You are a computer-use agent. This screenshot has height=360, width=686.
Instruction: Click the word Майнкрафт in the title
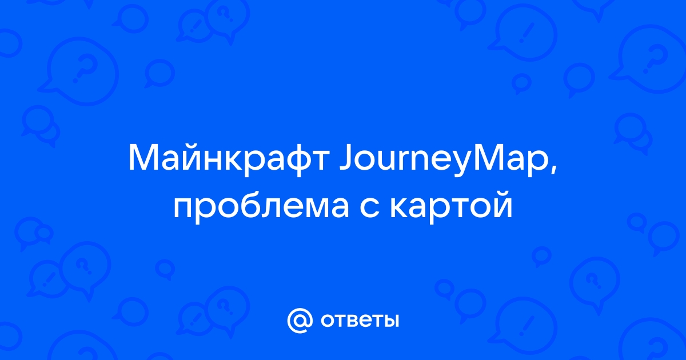pyautogui.click(x=229, y=160)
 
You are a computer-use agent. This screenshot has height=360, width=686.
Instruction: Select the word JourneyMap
pyautogui.click(x=444, y=160)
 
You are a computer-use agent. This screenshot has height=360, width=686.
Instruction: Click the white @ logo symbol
pyautogui.click(x=300, y=321)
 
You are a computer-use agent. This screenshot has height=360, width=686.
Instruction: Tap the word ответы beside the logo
pyautogui.click(x=360, y=321)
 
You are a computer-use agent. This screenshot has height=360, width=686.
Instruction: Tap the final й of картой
pyautogui.click(x=502, y=203)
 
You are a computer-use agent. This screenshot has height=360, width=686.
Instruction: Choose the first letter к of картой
pyautogui.click(x=399, y=207)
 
